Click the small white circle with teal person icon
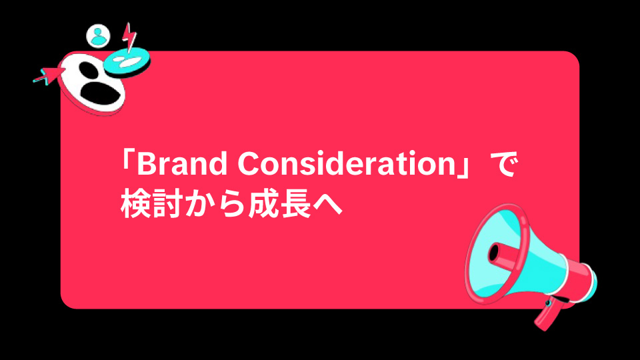tap(99, 35)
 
